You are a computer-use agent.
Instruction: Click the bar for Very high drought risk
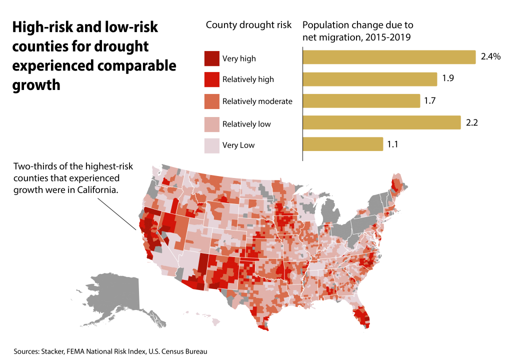click(x=389, y=57)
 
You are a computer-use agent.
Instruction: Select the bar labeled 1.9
click(x=370, y=79)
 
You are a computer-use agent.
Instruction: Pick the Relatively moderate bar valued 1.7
click(x=361, y=101)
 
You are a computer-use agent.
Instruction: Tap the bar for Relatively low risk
click(x=381, y=122)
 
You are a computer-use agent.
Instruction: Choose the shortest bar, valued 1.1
click(x=343, y=144)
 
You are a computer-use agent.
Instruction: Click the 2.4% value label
click(x=490, y=57)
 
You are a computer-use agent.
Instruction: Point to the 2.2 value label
click(x=471, y=122)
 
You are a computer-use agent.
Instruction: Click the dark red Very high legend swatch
click(x=211, y=58)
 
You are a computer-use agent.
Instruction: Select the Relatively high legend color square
click(x=211, y=79)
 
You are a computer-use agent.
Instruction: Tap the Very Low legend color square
click(x=211, y=145)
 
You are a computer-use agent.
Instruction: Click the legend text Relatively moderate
click(x=257, y=101)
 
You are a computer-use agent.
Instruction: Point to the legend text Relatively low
click(x=246, y=123)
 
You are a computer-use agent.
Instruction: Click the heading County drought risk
click(x=248, y=25)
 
